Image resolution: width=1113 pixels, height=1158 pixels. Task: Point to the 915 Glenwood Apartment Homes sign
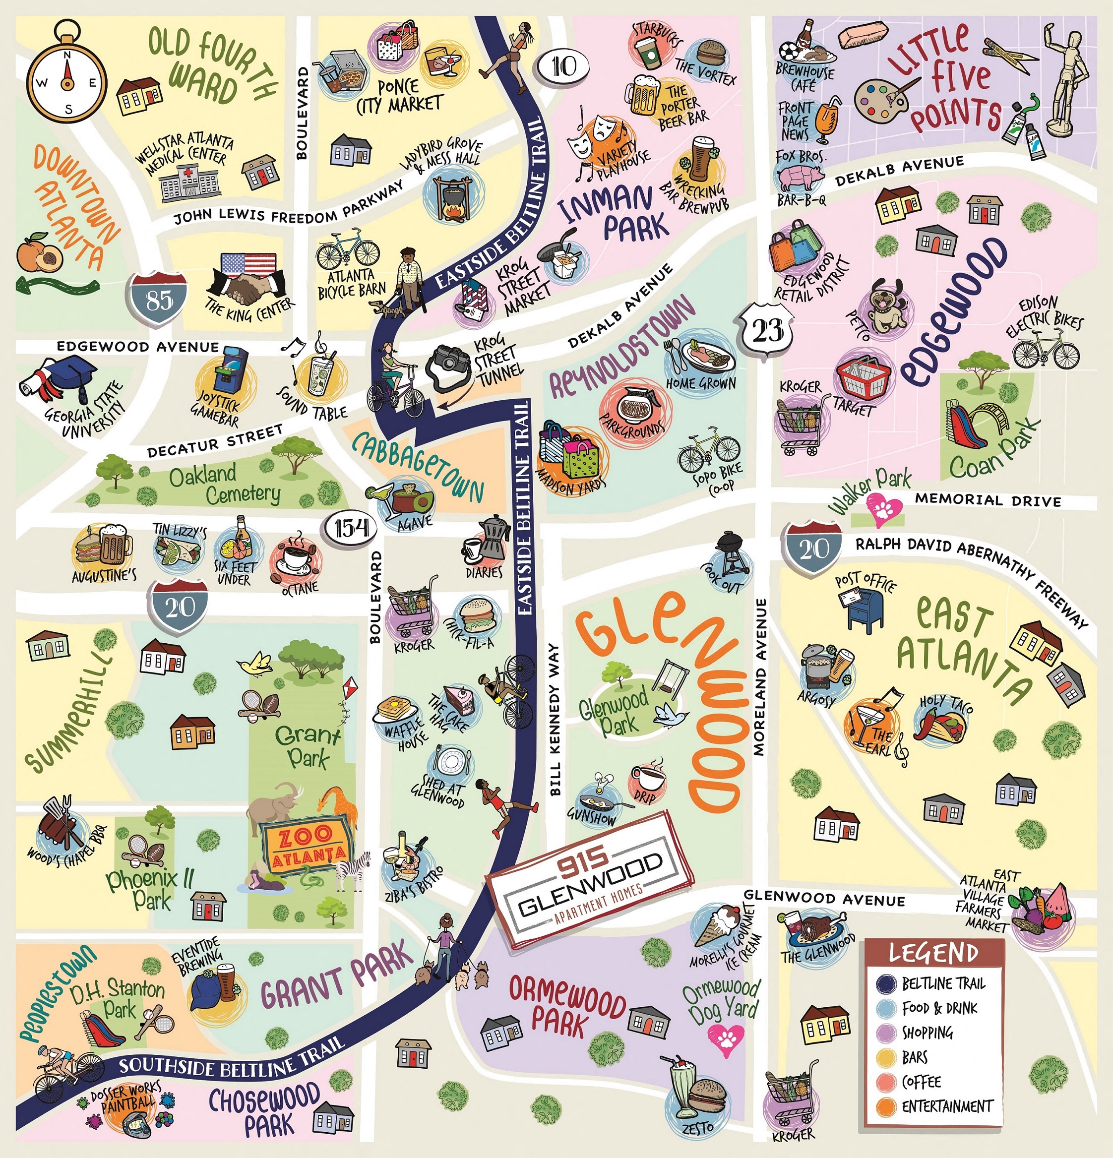[x=590, y=881]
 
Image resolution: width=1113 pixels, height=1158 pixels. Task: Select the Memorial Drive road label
[x=987, y=500]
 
